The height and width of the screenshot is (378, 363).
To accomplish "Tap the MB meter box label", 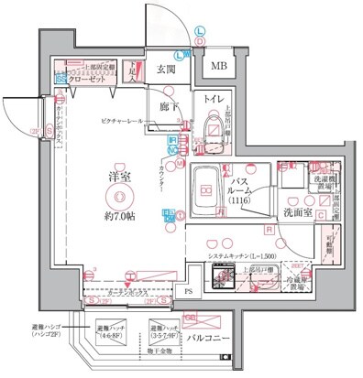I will click(220, 66).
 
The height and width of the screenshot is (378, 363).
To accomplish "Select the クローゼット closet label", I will click(88, 80).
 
